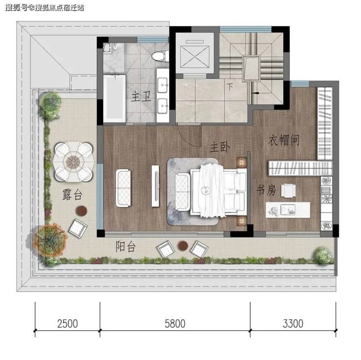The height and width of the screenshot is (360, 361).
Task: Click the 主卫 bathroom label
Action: click(141, 97)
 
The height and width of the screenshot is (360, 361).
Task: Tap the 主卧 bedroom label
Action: click(220, 147)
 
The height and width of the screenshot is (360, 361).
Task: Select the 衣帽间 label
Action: click(284, 140)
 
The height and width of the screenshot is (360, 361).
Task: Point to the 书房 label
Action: click(266, 190)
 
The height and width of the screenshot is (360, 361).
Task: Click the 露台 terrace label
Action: click(72, 195)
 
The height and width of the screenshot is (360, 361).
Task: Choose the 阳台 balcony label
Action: click(125, 246)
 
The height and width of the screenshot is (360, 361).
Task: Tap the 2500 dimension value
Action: click(67, 323)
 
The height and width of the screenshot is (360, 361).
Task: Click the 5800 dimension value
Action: click(175, 323)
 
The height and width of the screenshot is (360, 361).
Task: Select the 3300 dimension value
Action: click(293, 323)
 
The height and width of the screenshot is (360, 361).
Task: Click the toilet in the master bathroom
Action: click(160, 56)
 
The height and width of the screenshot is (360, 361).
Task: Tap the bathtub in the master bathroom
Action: click(115, 98)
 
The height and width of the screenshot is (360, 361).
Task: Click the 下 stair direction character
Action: click(230, 87)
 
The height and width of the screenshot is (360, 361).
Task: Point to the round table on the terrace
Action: click(73, 161)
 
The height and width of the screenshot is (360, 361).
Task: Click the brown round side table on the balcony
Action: click(183, 245)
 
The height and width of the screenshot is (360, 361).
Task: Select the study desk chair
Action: click(288, 191)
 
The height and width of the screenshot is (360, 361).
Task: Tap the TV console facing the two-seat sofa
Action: click(156, 186)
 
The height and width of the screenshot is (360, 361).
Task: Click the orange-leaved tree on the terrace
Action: click(50, 240)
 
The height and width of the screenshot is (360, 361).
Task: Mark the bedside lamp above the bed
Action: click(241, 162)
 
